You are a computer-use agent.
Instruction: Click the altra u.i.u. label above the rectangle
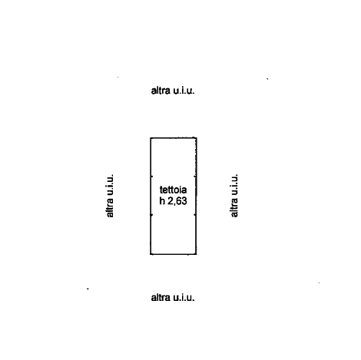pyautogui.click(x=173, y=91)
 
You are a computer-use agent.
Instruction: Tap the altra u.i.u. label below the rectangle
pyautogui.click(x=173, y=298)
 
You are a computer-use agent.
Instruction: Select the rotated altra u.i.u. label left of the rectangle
pyautogui.click(x=109, y=196)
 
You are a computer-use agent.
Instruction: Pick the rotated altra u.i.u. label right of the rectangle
pyautogui.click(x=234, y=196)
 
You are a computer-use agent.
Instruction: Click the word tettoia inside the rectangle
pyautogui.click(x=173, y=190)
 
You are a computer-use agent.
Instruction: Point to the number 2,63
pyautogui.click(x=177, y=201)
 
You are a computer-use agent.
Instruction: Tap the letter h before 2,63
pyautogui.click(x=162, y=201)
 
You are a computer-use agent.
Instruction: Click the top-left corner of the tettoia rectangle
pyautogui.click(x=151, y=138)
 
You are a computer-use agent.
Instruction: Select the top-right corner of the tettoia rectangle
pyautogui.click(x=197, y=138)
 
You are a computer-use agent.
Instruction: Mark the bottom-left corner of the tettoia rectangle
pyautogui.click(x=151, y=254)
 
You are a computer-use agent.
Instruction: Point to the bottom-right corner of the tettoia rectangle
pyautogui.click(x=197, y=254)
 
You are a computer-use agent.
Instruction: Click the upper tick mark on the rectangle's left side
pyautogui.click(x=151, y=177)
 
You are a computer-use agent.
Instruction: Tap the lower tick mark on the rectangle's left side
pyautogui.click(x=151, y=215)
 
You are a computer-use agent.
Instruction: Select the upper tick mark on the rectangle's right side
pyautogui.click(x=195, y=177)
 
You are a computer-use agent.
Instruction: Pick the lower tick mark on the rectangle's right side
pyautogui.click(x=195, y=215)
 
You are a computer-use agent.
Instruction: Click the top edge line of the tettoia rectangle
pyautogui.click(x=174, y=138)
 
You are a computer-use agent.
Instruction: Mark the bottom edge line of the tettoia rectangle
pyautogui.click(x=174, y=254)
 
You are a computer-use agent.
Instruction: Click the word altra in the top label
pyautogui.click(x=161, y=91)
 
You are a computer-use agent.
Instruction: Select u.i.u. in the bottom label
pyautogui.click(x=184, y=298)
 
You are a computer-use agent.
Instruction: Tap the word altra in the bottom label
pyautogui.click(x=161, y=298)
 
